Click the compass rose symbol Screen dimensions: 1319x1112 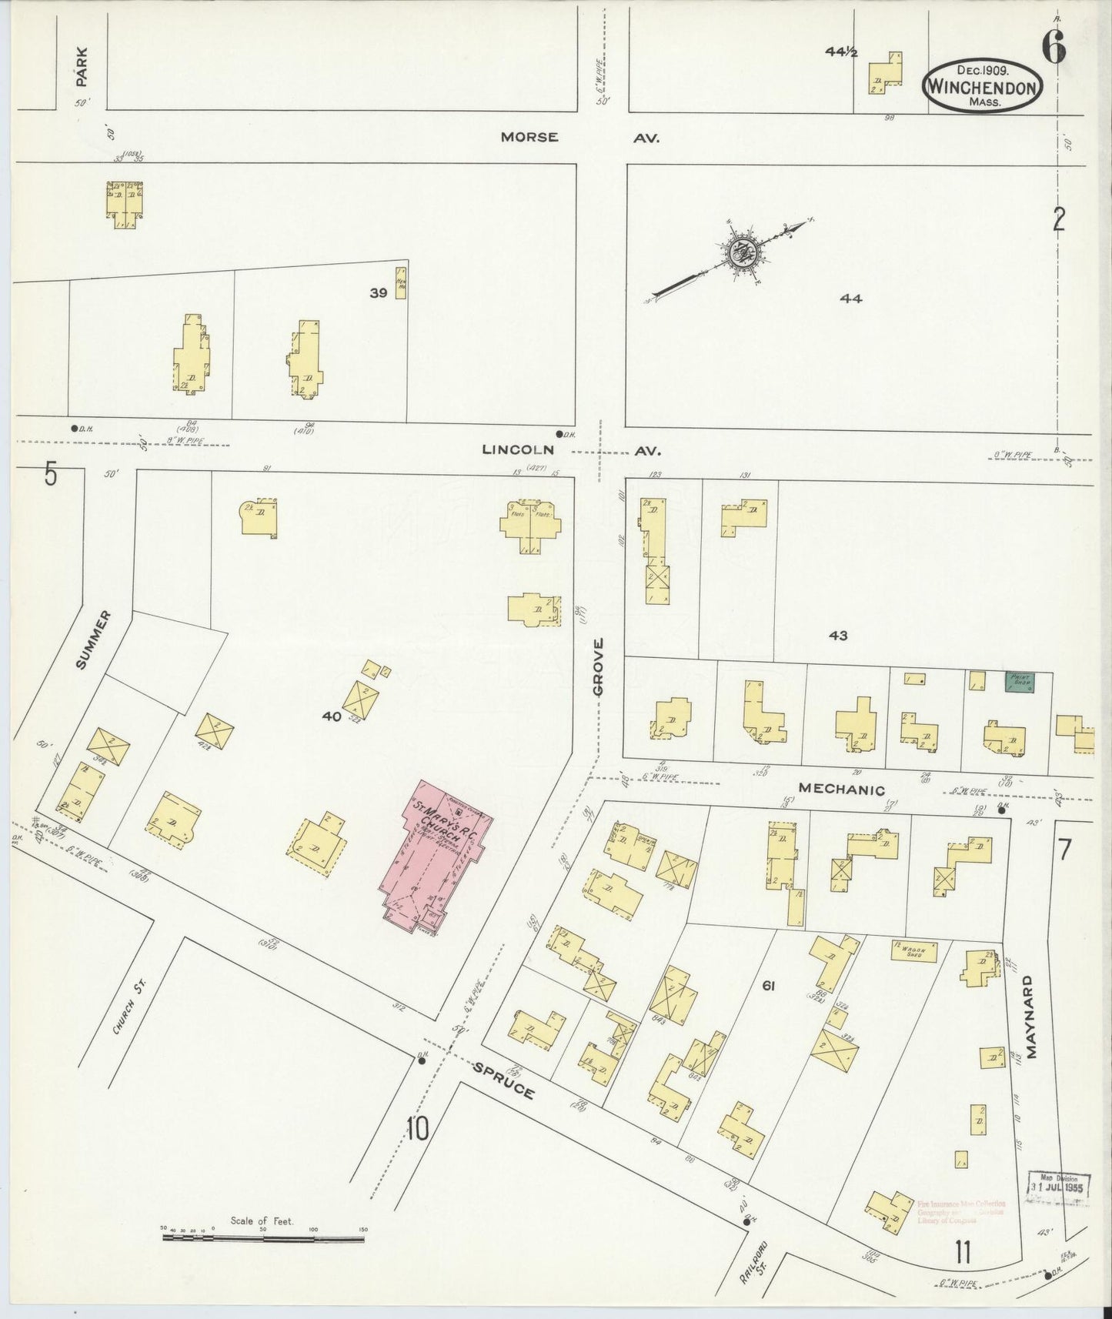[x=743, y=252]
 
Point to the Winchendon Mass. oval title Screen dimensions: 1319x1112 [x=983, y=88]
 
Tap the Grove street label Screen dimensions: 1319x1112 [x=598, y=666]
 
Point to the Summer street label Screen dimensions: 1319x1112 [x=92, y=639]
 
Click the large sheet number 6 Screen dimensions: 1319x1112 [x=1054, y=48]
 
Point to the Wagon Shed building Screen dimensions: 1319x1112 [x=913, y=951]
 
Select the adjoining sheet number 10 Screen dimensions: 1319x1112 [x=418, y=1130]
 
